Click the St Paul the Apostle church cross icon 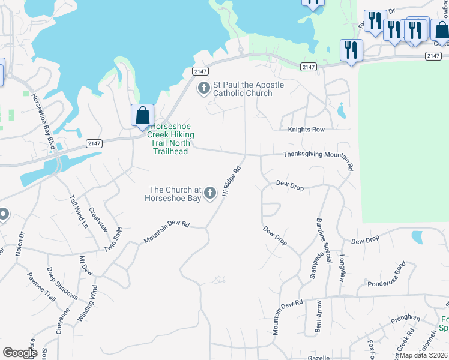tap(203, 89)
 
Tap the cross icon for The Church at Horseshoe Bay tap(210, 193)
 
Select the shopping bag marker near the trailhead tap(142, 115)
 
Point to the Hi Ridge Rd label tap(231, 181)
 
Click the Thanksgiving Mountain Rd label tap(318, 154)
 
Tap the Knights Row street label tap(306, 129)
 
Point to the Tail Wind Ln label tap(79, 212)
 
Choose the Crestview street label tap(98, 220)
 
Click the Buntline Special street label tap(324, 240)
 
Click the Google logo tap(20, 353)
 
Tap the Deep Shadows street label tap(62, 283)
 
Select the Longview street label tap(342, 268)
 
